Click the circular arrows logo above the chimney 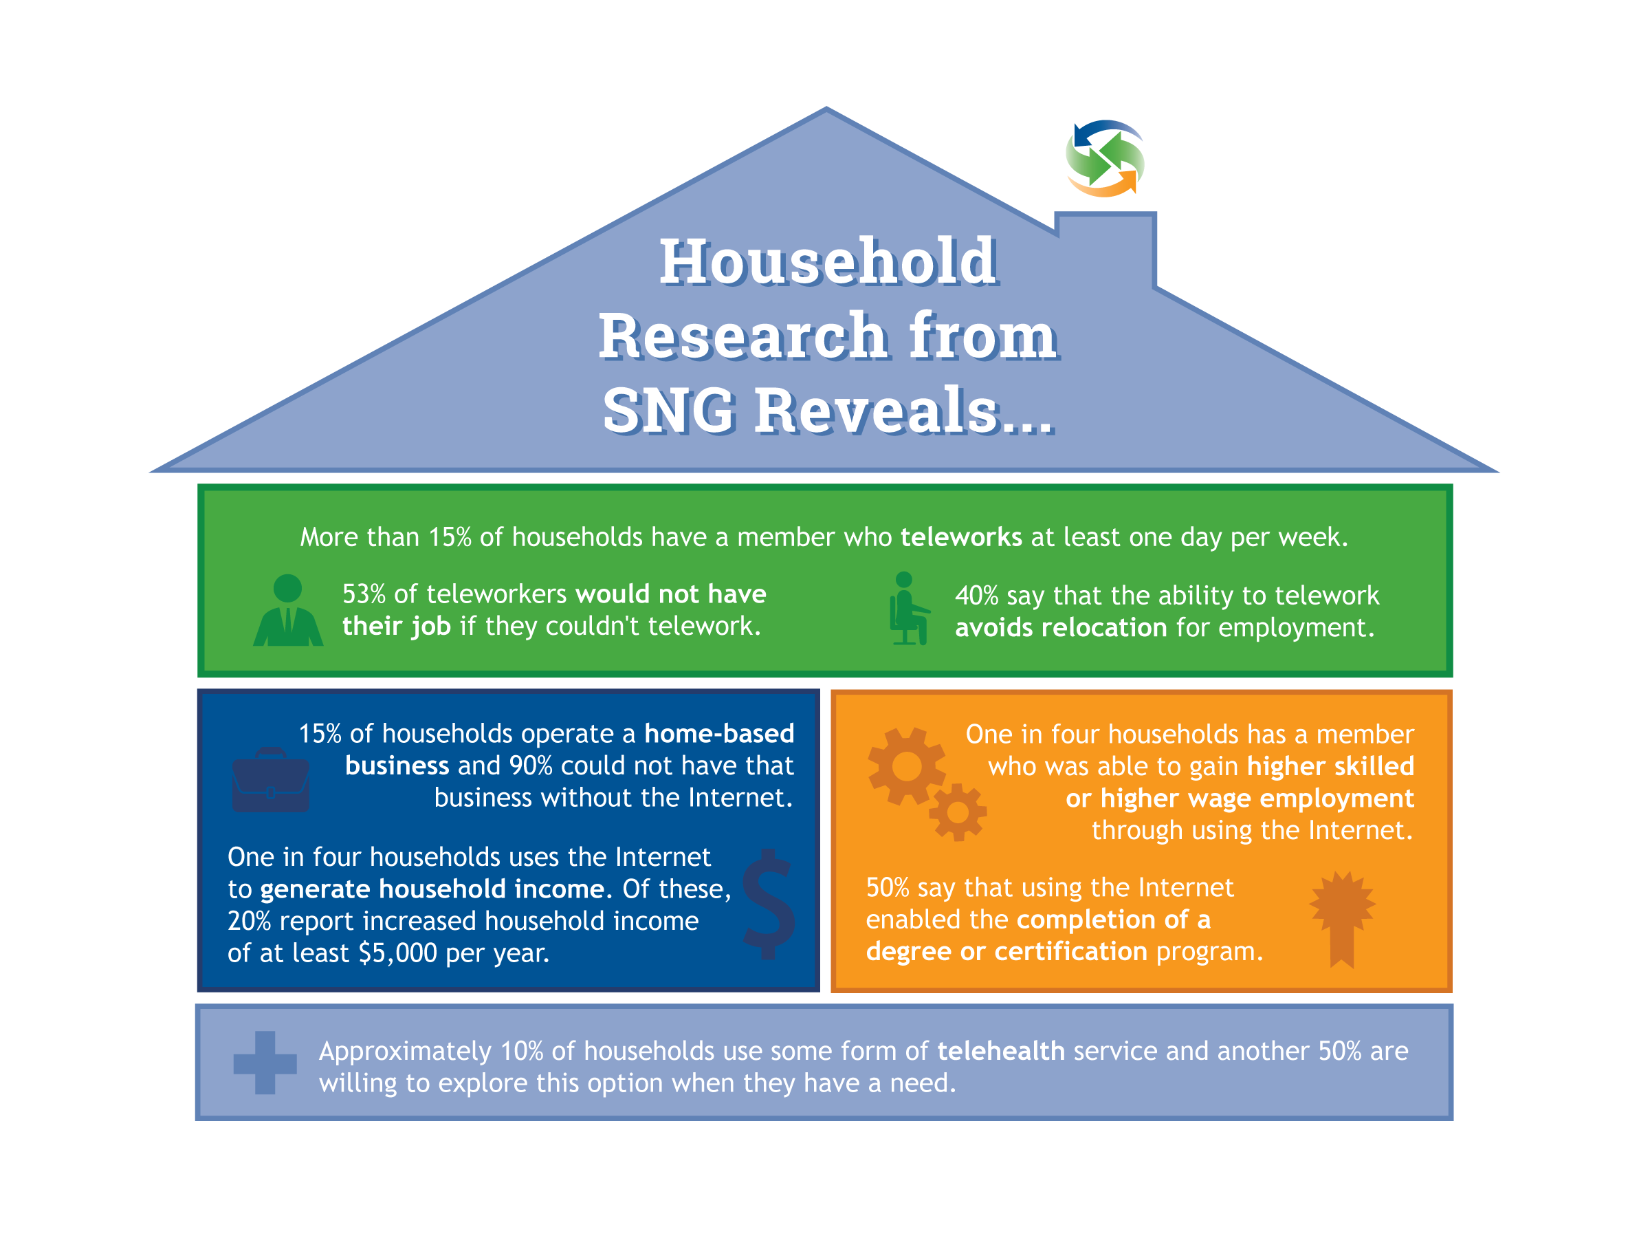click(x=1105, y=158)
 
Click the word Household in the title click(x=828, y=262)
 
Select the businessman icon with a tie click(x=288, y=609)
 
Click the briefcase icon click(x=271, y=780)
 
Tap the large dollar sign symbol click(x=769, y=904)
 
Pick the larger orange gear click(x=907, y=766)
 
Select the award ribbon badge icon click(x=1342, y=919)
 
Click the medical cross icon click(x=265, y=1063)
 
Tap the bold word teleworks click(x=960, y=537)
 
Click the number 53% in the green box click(x=364, y=594)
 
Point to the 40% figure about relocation click(x=976, y=596)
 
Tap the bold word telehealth click(x=1001, y=1051)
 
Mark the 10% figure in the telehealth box click(x=521, y=1051)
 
